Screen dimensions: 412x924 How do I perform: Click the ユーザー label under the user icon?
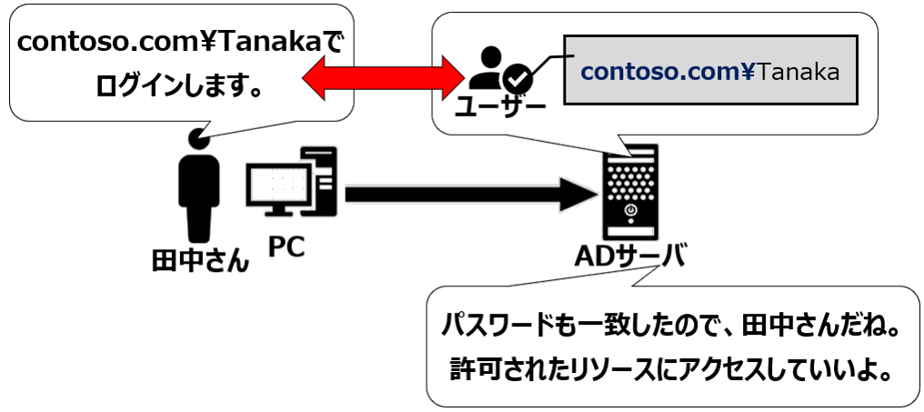click(499, 108)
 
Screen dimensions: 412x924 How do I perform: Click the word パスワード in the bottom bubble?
click(495, 325)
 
